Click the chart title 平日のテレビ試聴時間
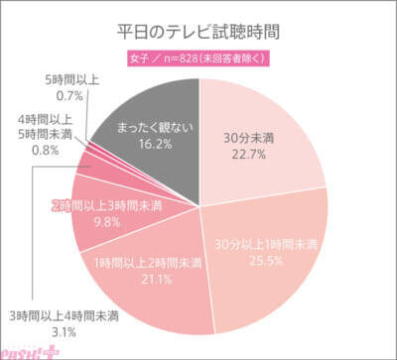pyautogui.click(x=199, y=29)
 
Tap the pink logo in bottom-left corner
pyautogui.click(x=26, y=348)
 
